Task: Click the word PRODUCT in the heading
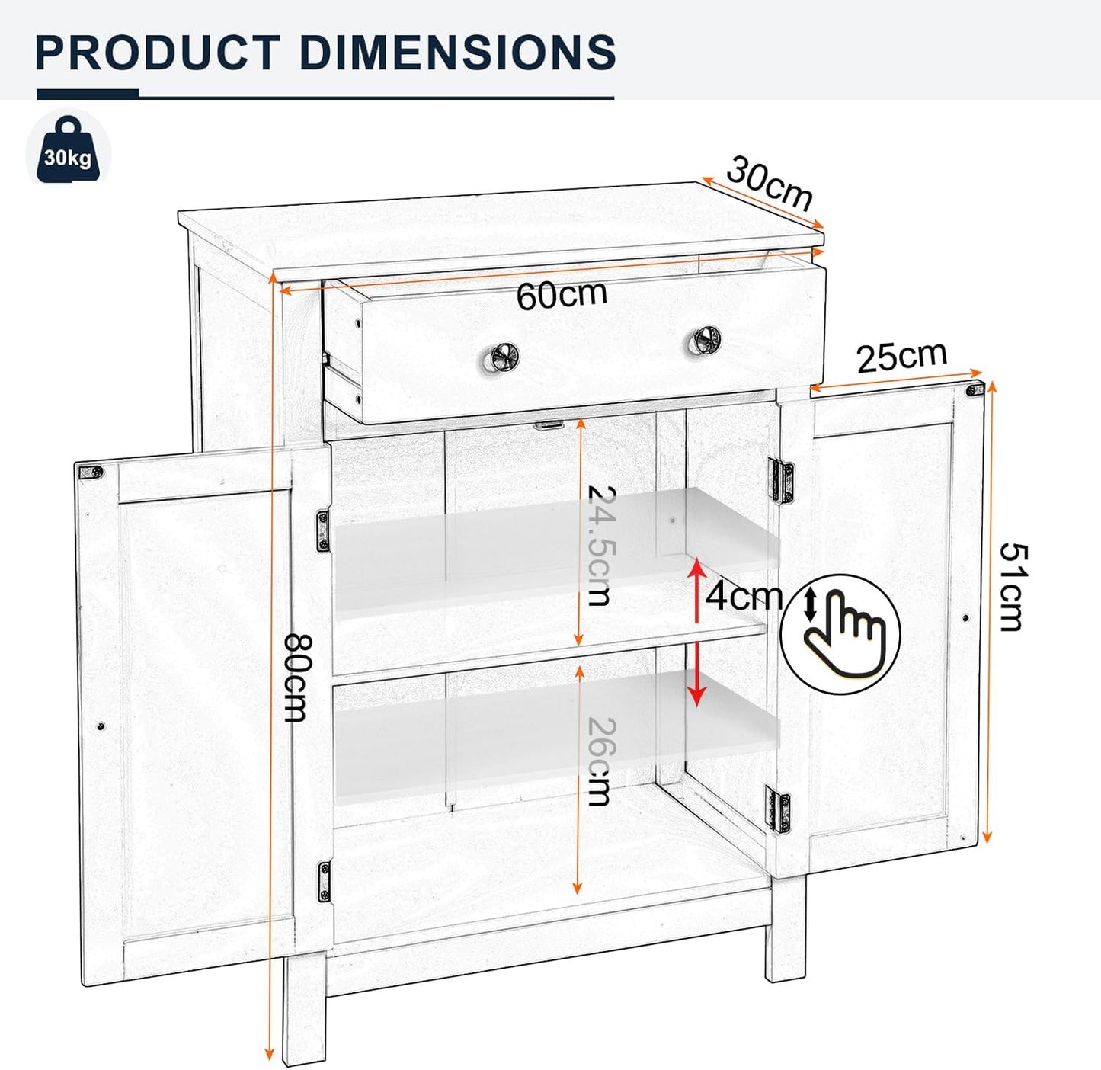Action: coord(158,53)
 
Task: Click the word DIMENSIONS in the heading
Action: coord(457,53)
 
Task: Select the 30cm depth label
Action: coord(770,183)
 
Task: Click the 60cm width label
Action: coord(562,295)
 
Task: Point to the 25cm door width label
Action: coord(901,357)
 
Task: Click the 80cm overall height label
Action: coord(296,678)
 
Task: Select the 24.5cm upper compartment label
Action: coord(600,546)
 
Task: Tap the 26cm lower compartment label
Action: coord(600,761)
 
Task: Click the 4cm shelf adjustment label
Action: coord(744,596)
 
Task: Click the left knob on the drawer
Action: coord(504,356)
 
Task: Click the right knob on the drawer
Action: coord(706,338)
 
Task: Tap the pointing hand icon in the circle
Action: coord(841,633)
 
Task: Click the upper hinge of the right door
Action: coord(783,481)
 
